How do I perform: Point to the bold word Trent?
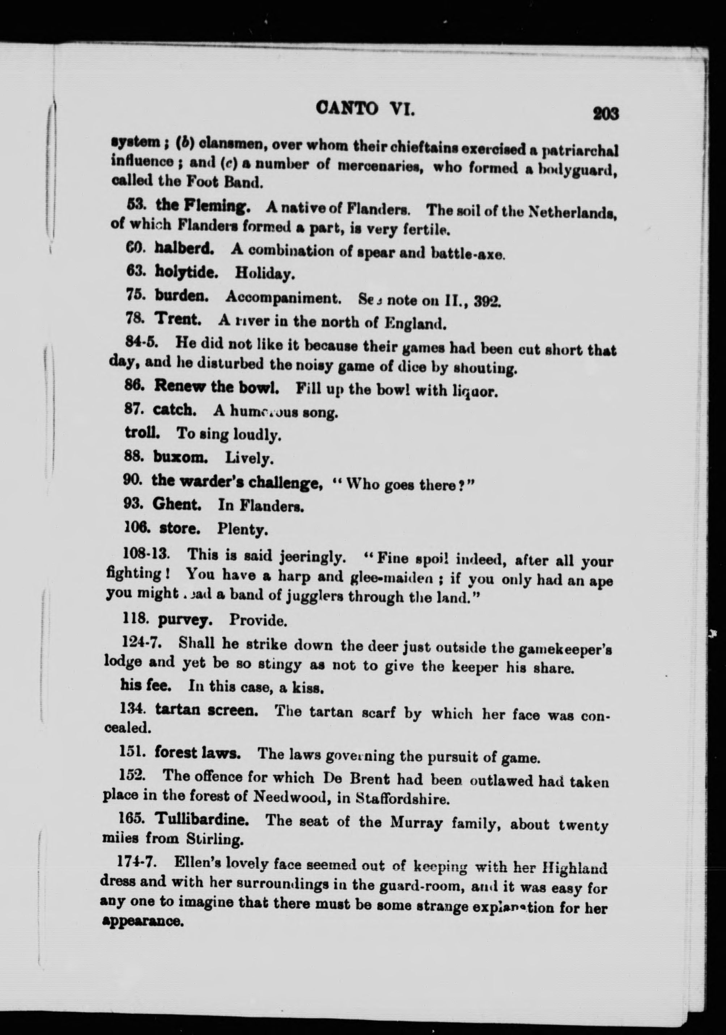[178, 319]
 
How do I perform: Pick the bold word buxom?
[180, 458]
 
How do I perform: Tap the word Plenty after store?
[242, 529]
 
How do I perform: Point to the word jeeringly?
[313, 557]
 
